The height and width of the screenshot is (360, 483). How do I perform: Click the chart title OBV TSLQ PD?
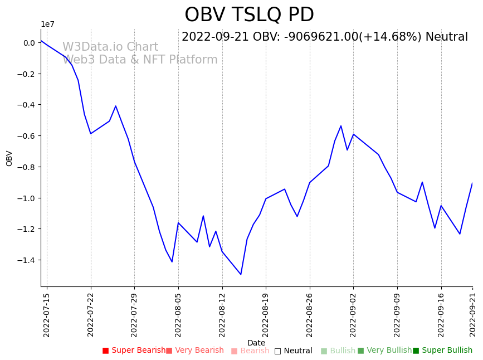tap(249, 15)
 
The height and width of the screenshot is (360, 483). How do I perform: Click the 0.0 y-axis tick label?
tap(29, 43)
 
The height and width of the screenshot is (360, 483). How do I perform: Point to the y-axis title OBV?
tap(9, 158)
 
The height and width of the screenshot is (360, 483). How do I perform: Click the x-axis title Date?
tap(256, 343)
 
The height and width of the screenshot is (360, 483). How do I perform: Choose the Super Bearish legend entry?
tap(134, 351)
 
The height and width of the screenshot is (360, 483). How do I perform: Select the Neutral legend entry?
tap(294, 351)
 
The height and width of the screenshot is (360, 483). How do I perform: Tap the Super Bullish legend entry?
tap(443, 351)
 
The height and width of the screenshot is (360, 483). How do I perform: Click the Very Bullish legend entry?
tap(384, 351)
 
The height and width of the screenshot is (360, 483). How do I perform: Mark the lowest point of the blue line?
tap(241, 274)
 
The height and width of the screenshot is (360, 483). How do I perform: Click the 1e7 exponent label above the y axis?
tap(47, 24)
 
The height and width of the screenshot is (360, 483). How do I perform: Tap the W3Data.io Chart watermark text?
tap(110, 47)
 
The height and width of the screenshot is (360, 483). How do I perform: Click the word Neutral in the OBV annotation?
tap(446, 37)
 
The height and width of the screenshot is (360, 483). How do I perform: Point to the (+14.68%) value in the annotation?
tap(390, 37)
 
